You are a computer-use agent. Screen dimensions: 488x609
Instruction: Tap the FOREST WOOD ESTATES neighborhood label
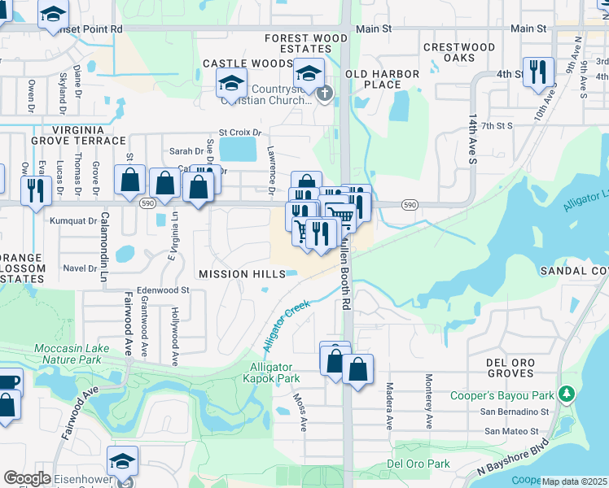click(x=306, y=43)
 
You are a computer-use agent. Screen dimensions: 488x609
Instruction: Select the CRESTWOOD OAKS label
click(x=459, y=53)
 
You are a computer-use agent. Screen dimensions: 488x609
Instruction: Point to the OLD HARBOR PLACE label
click(x=383, y=80)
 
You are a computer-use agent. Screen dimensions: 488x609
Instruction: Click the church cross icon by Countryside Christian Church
click(x=325, y=94)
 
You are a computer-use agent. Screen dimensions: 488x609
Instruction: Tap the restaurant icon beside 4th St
click(x=538, y=72)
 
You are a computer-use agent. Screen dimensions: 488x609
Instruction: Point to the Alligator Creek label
click(x=286, y=325)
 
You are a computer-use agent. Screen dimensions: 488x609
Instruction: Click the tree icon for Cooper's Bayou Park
click(x=567, y=396)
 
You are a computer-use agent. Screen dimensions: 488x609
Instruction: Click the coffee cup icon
click(x=8, y=381)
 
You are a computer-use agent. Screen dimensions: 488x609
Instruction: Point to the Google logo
click(x=28, y=478)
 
